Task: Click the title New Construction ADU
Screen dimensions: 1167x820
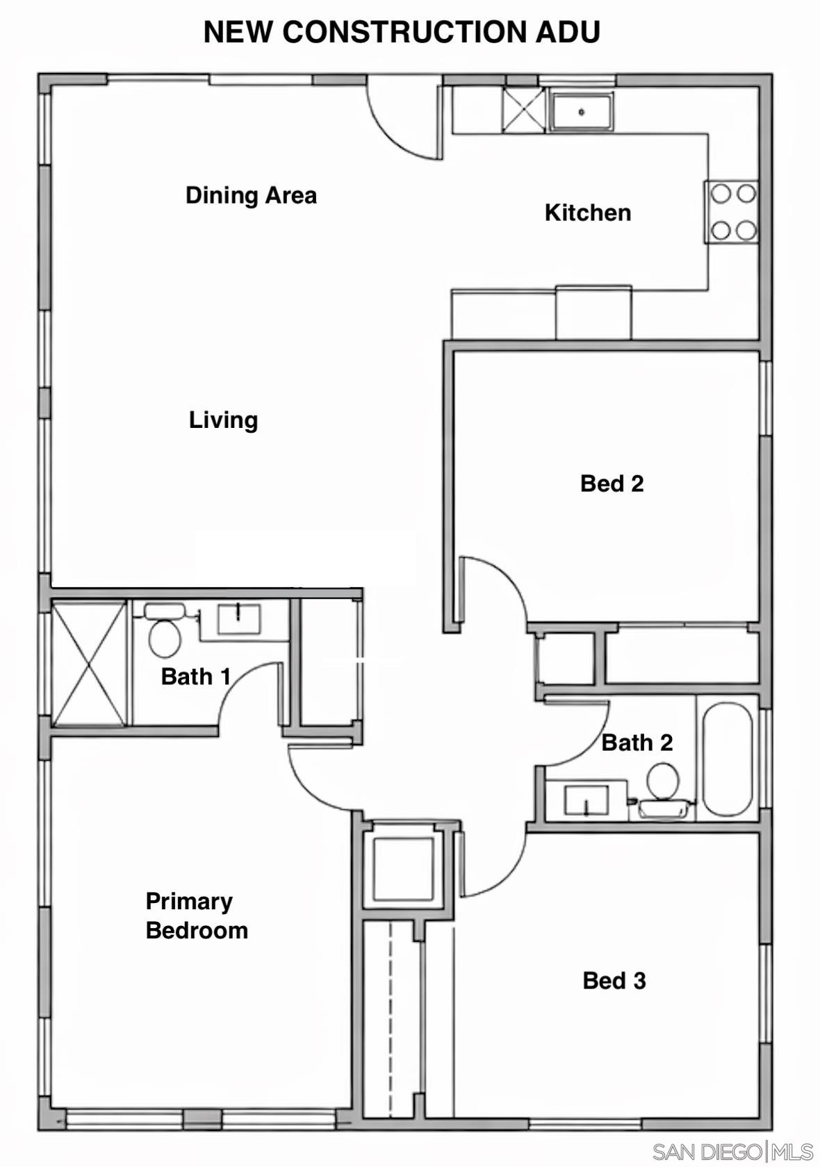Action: pyautogui.click(x=402, y=32)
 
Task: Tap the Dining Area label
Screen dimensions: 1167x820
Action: pyautogui.click(x=251, y=195)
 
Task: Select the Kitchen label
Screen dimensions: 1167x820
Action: pyautogui.click(x=587, y=213)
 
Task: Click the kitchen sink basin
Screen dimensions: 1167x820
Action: pyautogui.click(x=582, y=112)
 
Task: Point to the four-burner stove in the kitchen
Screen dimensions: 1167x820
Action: pyautogui.click(x=732, y=211)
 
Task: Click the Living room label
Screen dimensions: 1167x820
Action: pyautogui.click(x=223, y=420)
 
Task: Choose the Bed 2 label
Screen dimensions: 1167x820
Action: pyautogui.click(x=612, y=483)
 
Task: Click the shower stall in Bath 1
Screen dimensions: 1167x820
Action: pyautogui.click(x=90, y=664)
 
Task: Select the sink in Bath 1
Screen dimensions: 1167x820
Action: pyautogui.click(x=238, y=618)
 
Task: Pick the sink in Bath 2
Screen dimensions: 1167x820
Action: pyautogui.click(x=586, y=800)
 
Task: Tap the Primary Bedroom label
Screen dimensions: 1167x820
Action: pyautogui.click(x=196, y=916)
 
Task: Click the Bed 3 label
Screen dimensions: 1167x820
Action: pyautogui.click(x=614, y=980)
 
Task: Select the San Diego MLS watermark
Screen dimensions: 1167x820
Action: pyautogui.click(x=732, y=1152)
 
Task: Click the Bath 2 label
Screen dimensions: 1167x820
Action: pyautogui.click(x=637, y=743)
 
